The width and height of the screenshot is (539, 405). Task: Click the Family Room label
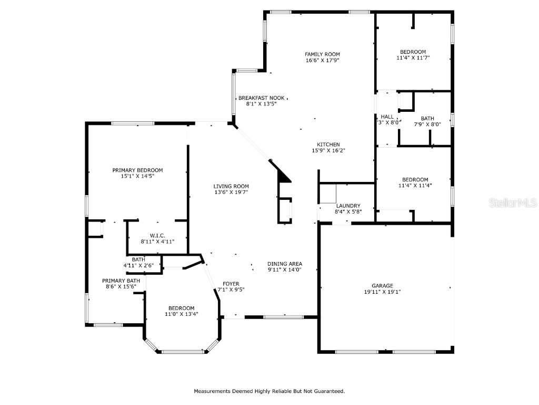pos(322,54)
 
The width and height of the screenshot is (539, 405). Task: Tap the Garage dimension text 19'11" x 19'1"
pos(382,292)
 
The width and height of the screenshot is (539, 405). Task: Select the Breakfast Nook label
pos(261,98)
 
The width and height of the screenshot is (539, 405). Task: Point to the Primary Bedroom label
pos(137,170)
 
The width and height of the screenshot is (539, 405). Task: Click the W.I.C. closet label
pos(157,235)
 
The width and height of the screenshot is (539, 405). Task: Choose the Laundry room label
pos(348,206)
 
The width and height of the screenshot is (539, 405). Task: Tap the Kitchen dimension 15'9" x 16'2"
pos(328,150)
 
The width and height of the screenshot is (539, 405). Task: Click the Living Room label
pos(231,186)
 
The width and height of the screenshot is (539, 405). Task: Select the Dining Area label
pos(284,264)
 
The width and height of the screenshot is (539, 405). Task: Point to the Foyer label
pos(231,283)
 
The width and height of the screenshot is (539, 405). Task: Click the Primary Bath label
pos(121,281)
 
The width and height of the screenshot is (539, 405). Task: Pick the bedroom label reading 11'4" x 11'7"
pos(413,52)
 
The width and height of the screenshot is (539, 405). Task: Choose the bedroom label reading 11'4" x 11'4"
pos(415,179)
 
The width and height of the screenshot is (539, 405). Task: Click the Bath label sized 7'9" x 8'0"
pos(427,118)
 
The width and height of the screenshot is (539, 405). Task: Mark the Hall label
pos(387,117)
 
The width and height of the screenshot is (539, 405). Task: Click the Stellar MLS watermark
pos(513,202)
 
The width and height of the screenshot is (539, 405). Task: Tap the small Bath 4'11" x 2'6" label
pos(138,259)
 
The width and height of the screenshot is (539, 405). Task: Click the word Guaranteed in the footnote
pos(330,391)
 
